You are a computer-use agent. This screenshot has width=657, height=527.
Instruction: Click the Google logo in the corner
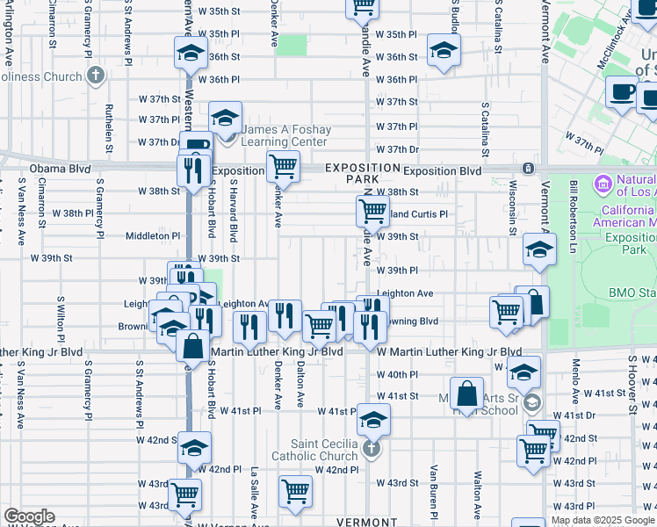[29, 516]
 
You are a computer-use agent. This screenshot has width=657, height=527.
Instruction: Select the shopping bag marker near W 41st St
[468, 390]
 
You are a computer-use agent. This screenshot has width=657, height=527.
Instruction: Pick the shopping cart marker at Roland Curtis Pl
[372, 211]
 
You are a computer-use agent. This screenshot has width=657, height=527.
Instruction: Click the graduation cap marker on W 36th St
[444, 49]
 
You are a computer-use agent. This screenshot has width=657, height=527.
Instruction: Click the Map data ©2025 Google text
[603, 520]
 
